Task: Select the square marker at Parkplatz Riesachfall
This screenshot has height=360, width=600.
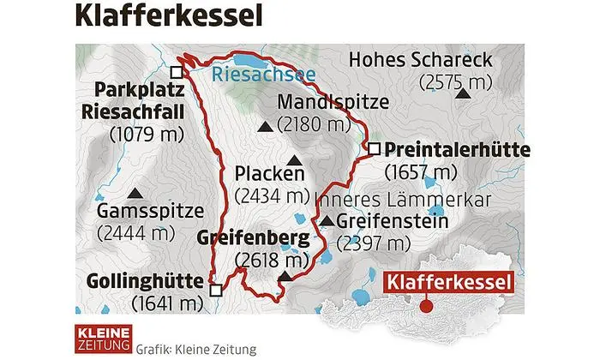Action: tap(177, 73)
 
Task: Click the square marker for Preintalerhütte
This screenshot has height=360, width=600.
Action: tap(374, 150)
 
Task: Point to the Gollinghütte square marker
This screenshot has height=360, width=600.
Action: tap(215, 290)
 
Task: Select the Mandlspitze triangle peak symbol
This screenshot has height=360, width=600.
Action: tap(267, 127)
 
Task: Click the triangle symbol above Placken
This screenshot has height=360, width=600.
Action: tap(295, 160)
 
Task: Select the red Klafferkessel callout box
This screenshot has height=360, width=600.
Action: tap(450, 282)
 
